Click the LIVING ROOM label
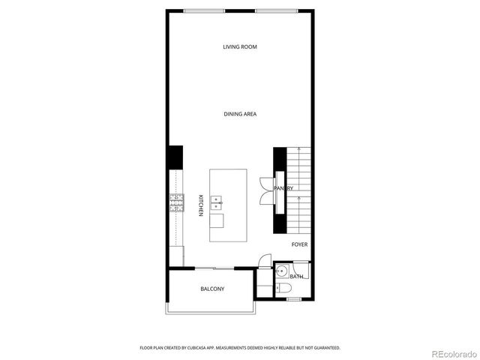[240, 47]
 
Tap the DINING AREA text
[240, 114]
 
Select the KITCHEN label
[201, 205]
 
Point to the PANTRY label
[283, 188]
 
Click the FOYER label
[299, 244]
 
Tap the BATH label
[297, 277]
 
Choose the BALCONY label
[212, 289]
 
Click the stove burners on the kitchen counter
[177, 202]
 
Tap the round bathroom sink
[280, 271]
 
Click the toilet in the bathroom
[283, 288]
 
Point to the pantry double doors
[265, 189]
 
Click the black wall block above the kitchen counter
[175, 157]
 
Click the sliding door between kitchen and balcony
[214, 268]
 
